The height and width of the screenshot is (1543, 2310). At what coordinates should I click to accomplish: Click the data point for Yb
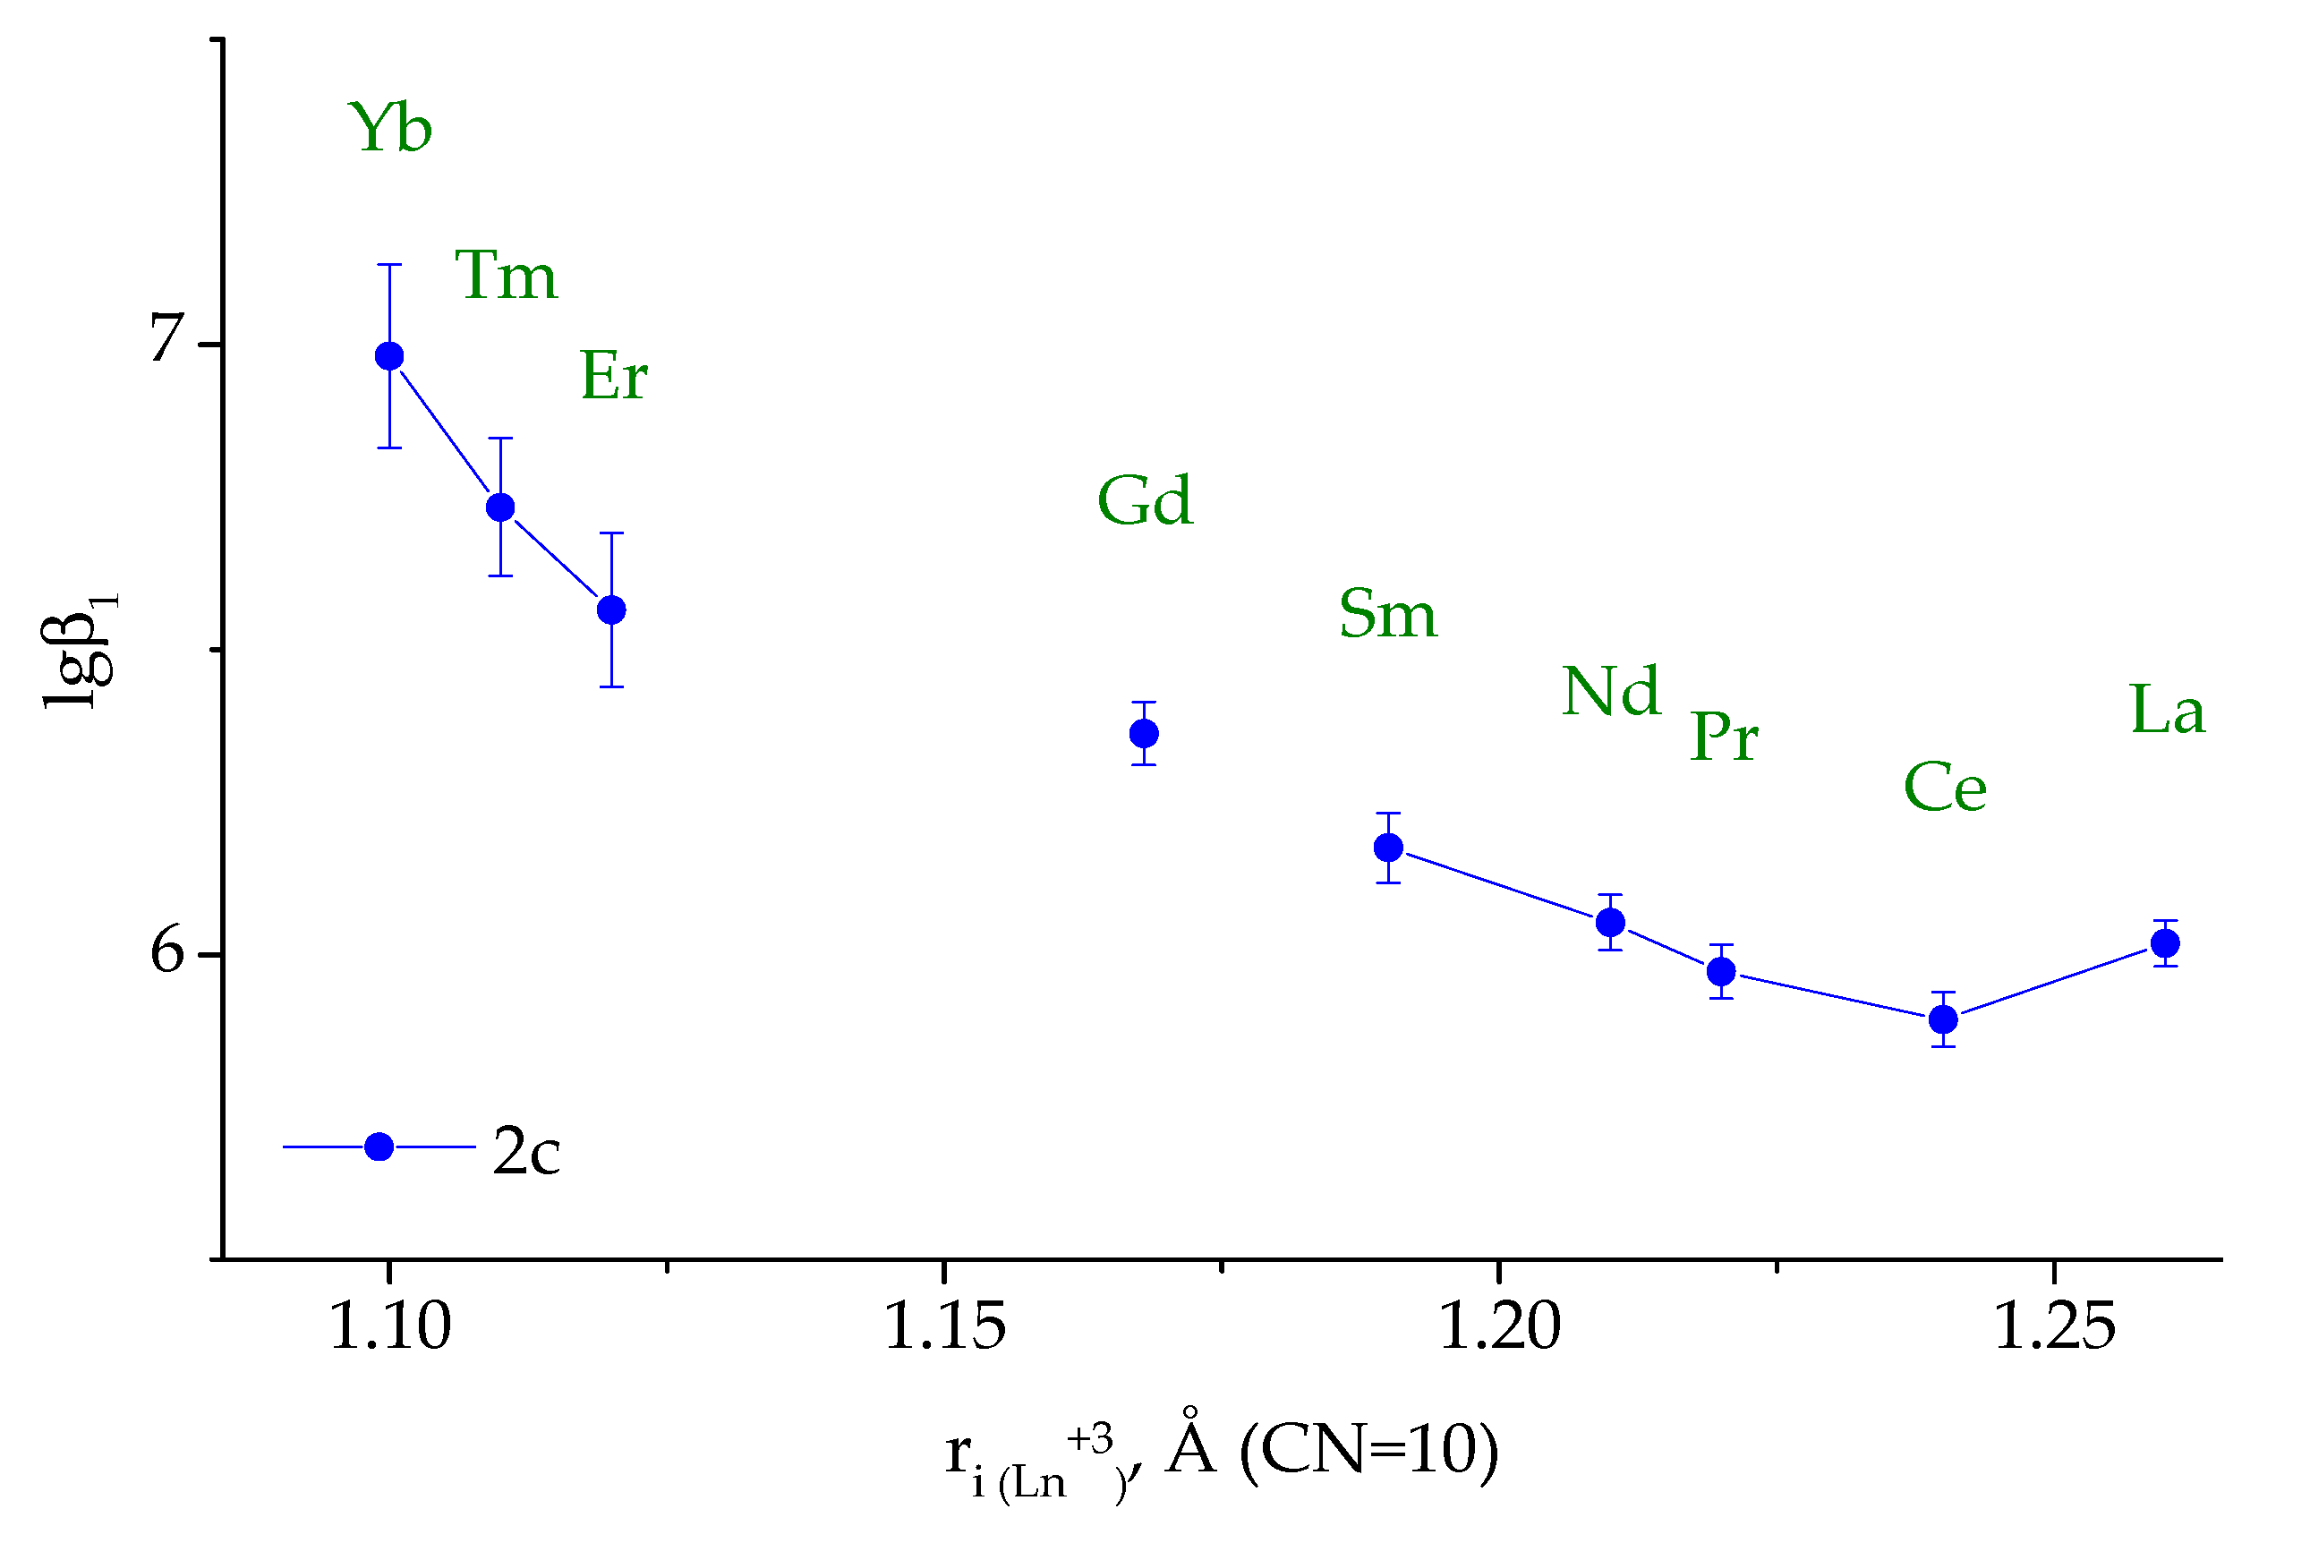pyautogui.click(x=389, y=356)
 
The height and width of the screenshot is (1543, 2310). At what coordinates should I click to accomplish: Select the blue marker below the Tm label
pyautogui.click(x=501, y=507)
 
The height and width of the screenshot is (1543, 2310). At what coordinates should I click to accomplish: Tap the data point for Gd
pyautogui.click(x=1144, y=734)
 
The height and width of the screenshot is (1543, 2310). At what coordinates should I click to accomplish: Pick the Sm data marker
pyautogui.click(x=1388, y=848)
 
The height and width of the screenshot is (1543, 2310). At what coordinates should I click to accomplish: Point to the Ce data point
pyautogui.click(x=1943, y=1020)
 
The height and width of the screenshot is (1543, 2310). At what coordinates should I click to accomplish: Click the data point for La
pyautogui.click(x=2165, y=943)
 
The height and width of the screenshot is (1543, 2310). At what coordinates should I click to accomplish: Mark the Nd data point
pyautogui.click(x=1610, y=923)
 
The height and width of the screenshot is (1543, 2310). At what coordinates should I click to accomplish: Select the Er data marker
pyautogui.click(x=612, y=611)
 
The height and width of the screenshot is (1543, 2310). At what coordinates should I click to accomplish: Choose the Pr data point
pyautogui.click(x=1722, y=972)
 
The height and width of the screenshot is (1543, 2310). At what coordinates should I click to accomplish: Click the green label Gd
pyautogui.click(x=1146, y=501)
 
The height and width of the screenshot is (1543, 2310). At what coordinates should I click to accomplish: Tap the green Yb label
pyautogui.click(x=390, y=128)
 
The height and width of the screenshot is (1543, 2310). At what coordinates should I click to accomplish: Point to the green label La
pyautogui.click(x=2168, y=711)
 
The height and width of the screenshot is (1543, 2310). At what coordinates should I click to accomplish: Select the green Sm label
pyautogui.click(x=1388, y=614)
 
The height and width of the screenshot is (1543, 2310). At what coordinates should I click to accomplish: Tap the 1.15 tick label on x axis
pyautogui.click(x=944, y=1326)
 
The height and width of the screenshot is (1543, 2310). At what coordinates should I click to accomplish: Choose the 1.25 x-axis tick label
pyautogui.click(x=2053, y=1326)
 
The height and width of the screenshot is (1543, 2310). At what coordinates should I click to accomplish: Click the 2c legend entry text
pyautogui.click(x=526, y=1150)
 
